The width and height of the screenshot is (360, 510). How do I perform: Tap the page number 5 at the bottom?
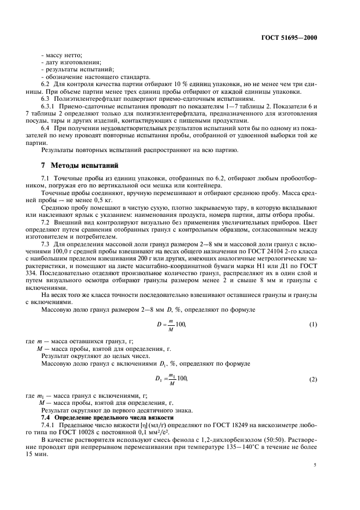(x=315, y=465)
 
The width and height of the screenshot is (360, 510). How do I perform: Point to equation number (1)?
(x=313, y=325)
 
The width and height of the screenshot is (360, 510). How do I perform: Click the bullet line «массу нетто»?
(x=62, y=56)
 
